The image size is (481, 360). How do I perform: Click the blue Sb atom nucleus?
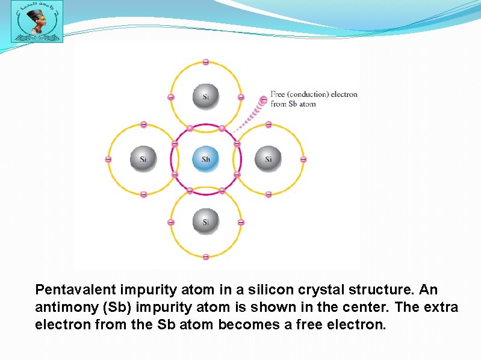pyautogui.click(x=205, y=160)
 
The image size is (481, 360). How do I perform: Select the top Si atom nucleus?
pyautogui.click(x=205, y=96)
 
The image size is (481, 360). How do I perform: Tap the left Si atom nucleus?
pyautogui.click(x=143, y=160)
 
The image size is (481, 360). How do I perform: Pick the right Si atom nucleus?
pyautogui.click(x=268, y=160)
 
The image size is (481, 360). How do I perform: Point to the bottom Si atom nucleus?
pyautogui.click(x=205, y=222)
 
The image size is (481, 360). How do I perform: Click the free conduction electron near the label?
pyautogui.click(x=263, y=99)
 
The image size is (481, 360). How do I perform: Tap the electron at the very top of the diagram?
pyautogui.click(x=205, y=62)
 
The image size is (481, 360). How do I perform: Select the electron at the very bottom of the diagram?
pyautogui.click(x=205, y=257)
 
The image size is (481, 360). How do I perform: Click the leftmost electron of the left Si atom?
pyautogui.click(x=108, y=160)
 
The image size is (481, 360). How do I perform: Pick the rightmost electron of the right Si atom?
pyautogui.click(x=303, y=160)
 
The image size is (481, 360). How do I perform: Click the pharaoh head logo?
pyautogui.click(x=37, y=22)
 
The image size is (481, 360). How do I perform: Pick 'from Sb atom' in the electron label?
pyautogui.click(x=293, y=104)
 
